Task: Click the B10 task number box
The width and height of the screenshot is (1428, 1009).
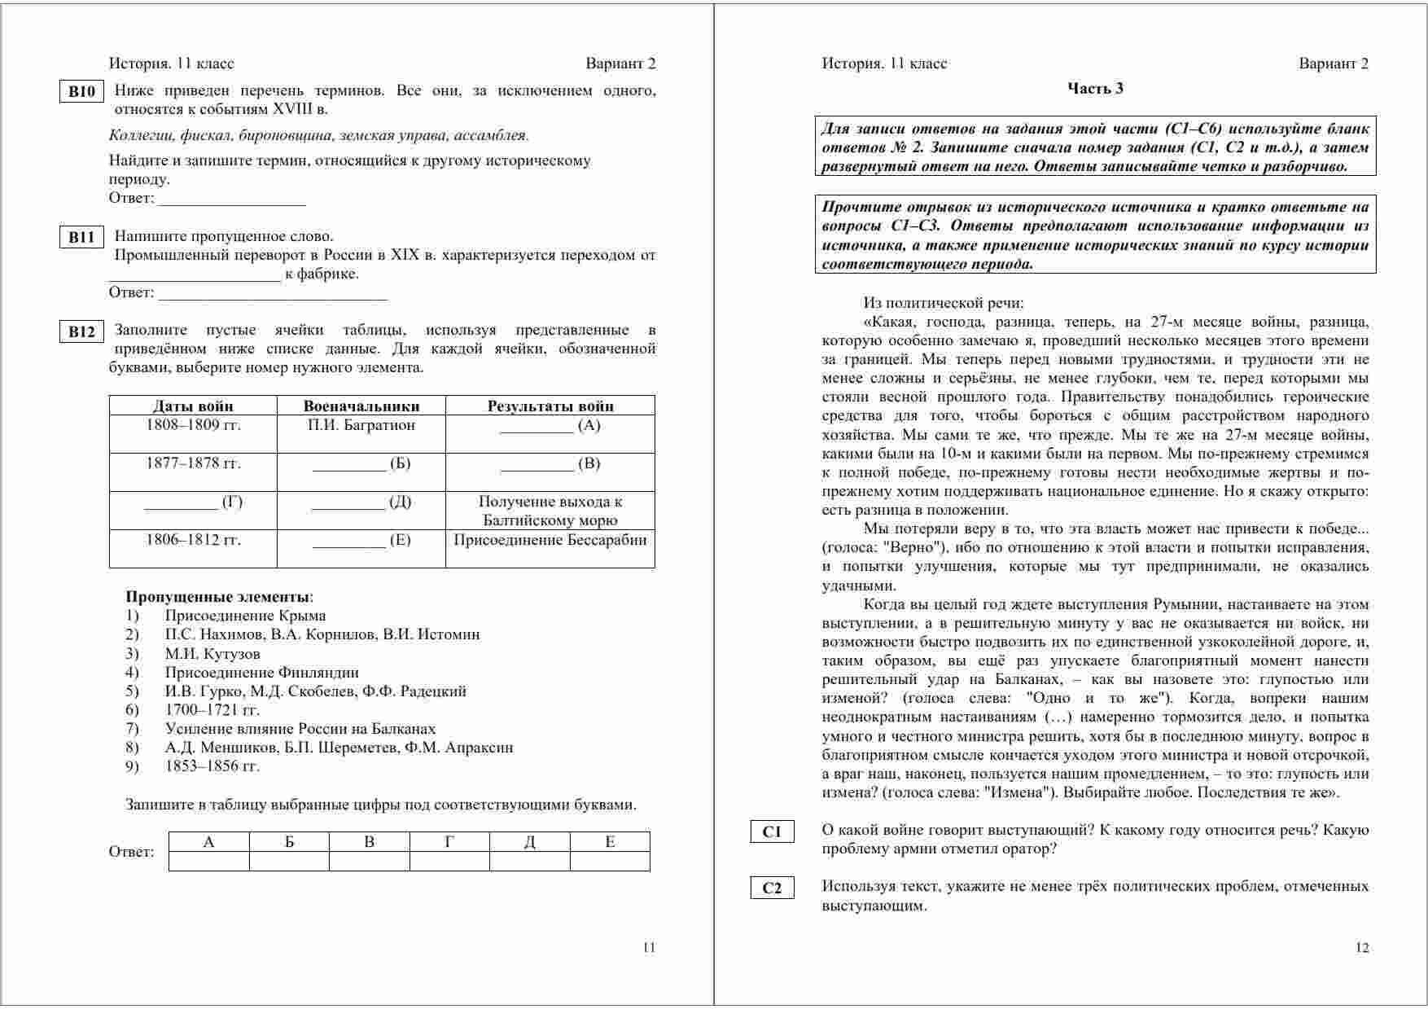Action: coord(81,91)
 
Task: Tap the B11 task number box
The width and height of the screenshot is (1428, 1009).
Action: coord(81,238)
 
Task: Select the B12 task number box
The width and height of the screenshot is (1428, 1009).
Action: coord(81,331)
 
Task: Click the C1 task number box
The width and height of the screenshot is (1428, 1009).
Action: coord(772,831)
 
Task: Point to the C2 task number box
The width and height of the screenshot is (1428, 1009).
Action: coord(772,888)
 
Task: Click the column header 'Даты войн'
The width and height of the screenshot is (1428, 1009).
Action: coord(193,406)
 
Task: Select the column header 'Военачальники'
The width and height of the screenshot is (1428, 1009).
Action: coord(361,406)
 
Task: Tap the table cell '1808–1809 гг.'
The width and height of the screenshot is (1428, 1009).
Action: coord(193,425)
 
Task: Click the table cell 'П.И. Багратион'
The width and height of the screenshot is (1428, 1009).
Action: coord(361,425)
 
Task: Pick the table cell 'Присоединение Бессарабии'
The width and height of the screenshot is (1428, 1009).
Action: coord(550,540)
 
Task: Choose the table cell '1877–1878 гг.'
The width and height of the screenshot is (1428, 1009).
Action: coord(193,463)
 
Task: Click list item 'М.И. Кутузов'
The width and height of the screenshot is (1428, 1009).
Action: coord(212,653)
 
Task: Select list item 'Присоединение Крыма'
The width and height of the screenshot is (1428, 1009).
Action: coord(245,616)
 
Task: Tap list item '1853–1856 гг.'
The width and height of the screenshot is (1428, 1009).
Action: coord(212,766)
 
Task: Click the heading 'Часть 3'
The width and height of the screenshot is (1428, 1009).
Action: coord(1095,89)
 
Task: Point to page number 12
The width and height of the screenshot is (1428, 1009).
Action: coord(1362,947)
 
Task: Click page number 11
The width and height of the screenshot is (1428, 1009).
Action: coord(649,947)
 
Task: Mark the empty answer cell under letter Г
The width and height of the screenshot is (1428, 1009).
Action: coord(449,861)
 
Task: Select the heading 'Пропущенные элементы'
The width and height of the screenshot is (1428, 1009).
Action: coord(218,596)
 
